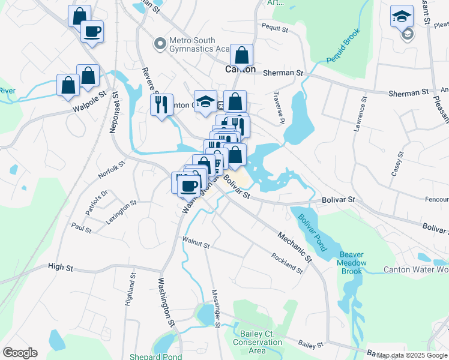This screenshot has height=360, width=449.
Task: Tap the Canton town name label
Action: coord(240,70)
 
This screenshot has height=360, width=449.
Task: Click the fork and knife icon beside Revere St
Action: coord(161,105)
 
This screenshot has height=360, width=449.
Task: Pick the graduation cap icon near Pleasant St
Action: coord(402,16)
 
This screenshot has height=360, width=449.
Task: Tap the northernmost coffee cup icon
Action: coord(92,31)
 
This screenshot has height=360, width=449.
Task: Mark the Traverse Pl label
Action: coord(277,109)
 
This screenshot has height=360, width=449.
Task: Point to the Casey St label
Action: coord(396,163)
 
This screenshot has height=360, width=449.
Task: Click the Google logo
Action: coord(20,353)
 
